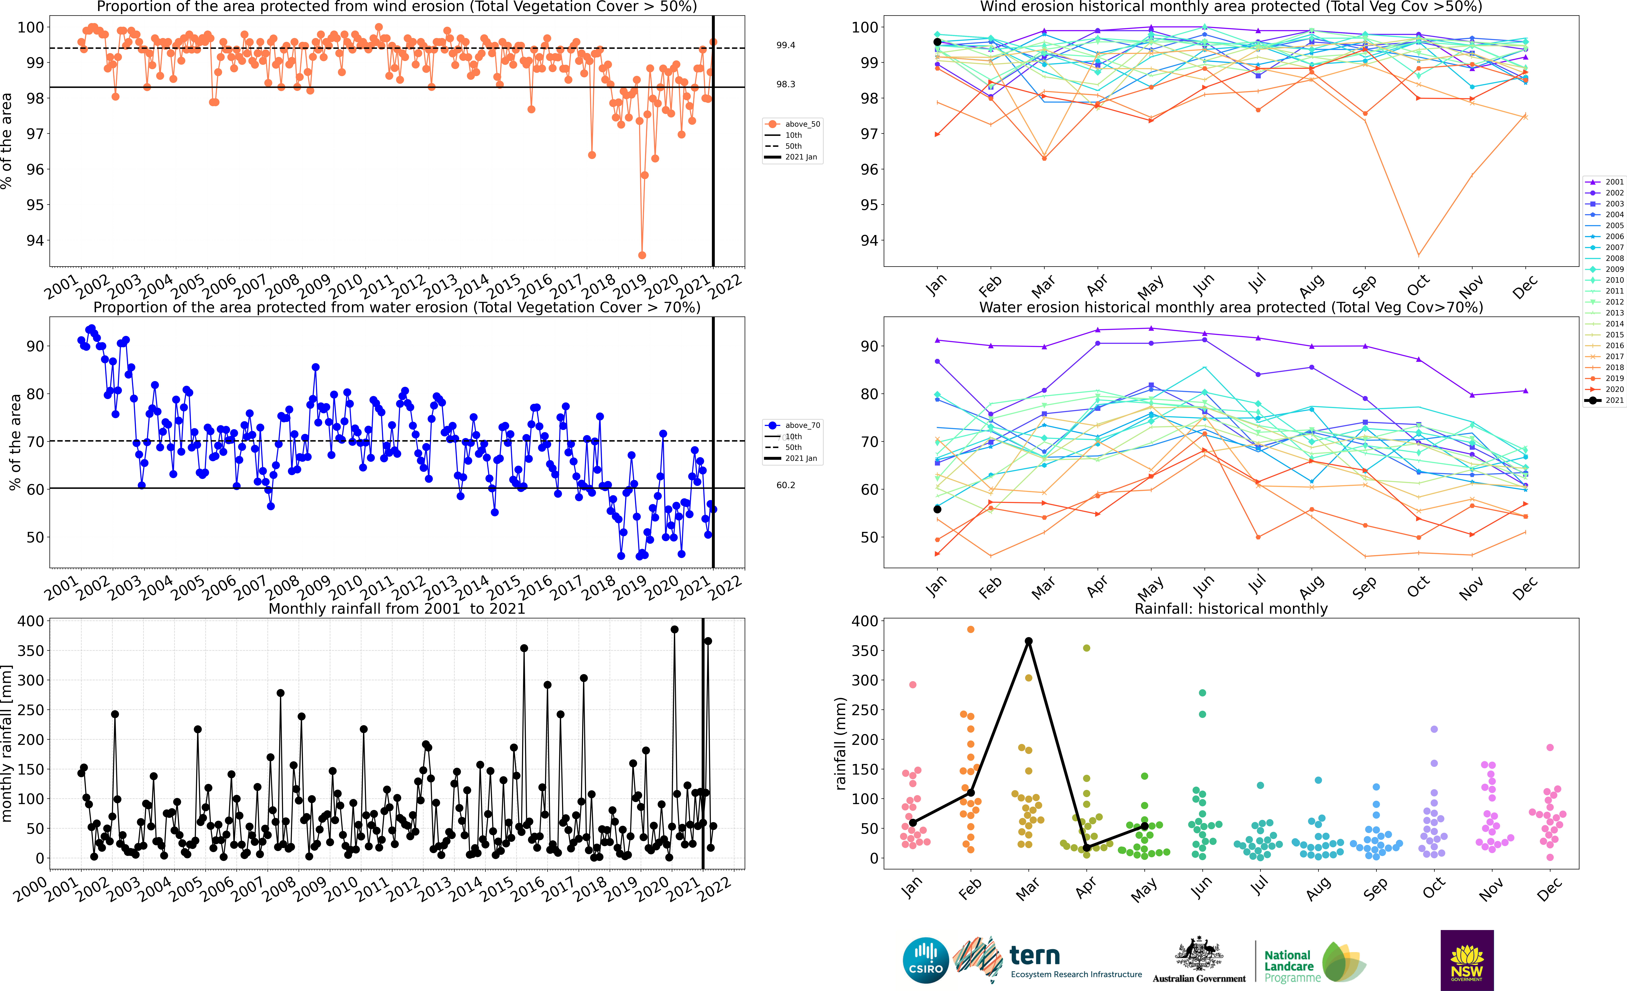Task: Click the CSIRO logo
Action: (926, 960)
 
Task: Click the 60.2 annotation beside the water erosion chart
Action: (786, 485)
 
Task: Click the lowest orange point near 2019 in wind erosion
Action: (642, 255)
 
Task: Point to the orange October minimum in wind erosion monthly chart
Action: (1418, 255)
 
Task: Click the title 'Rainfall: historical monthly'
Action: (1231, 608)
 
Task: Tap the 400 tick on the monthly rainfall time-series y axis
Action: (31, 621)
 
